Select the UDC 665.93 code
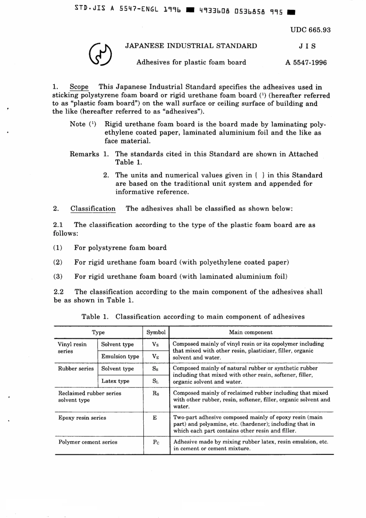(310, 30)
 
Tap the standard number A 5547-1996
(306, 62)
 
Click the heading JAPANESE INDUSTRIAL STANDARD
(191, 46)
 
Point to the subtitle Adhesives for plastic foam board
(191, 62)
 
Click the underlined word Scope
(79, 87)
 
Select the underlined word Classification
(93, 209)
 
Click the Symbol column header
(156, 332)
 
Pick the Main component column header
(250, 332)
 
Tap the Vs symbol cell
(155, 345)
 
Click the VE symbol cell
(155, 357)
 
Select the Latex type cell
(115, 381)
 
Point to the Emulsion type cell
(120, 357)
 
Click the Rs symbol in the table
(155, 394)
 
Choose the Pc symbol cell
(156, 442)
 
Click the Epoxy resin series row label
(82, 418)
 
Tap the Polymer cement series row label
(87, 442)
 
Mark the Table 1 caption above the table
(193, 317)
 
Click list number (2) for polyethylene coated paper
(58, 262)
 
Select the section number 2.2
(59, 292)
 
